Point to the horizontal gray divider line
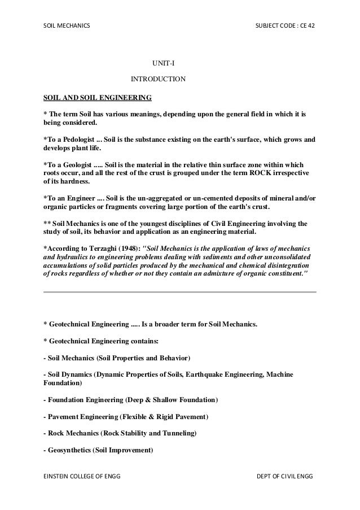pos(180,292)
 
